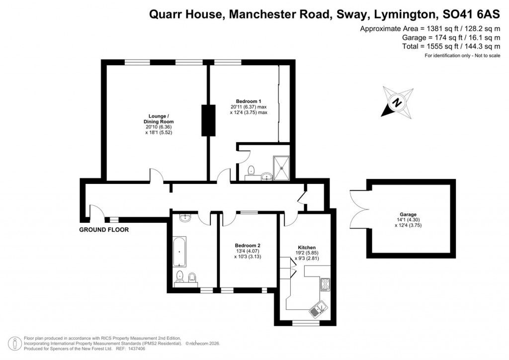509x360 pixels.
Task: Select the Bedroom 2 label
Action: tap(248, 246)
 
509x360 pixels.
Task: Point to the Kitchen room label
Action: tap(307, 248)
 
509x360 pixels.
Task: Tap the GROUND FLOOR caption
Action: tap(104, 230)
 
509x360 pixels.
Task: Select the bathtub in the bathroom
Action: tap(179, 252)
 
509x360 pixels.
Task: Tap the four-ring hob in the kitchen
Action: tap(325, 284)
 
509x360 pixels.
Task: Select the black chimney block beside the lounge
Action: tap(208, 120)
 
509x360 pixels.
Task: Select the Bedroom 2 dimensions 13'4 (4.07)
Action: tap(248, 252)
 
